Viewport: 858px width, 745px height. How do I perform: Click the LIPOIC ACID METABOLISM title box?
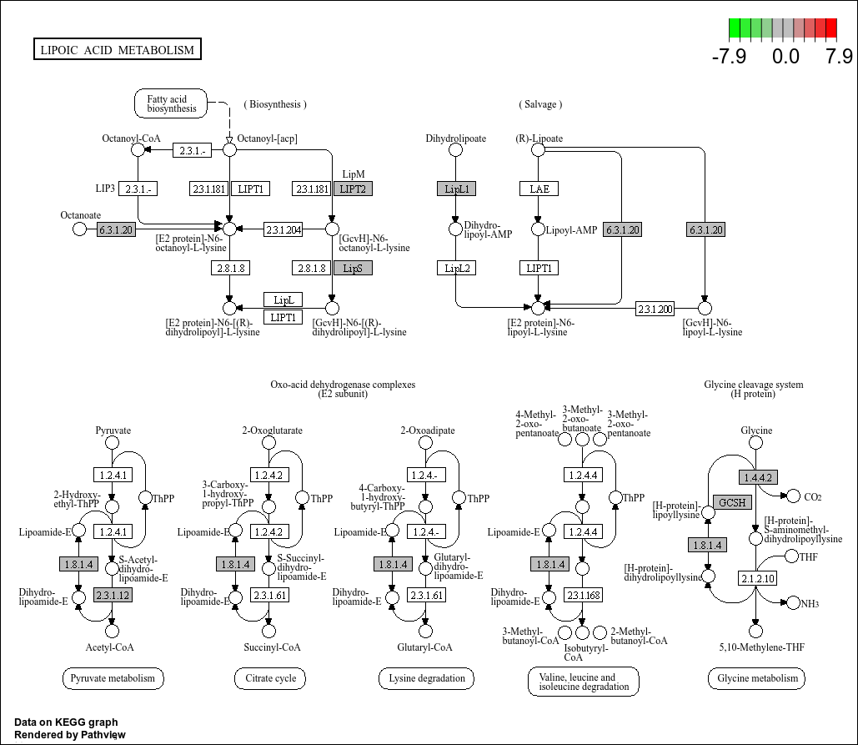point(117,50)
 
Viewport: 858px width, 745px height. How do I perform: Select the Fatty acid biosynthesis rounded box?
point(171,103)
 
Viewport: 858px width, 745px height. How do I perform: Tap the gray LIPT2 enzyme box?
point(353,189)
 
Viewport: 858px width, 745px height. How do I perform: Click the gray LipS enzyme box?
point(353,268)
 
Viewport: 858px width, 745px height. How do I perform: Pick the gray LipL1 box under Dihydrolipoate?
point(456,189)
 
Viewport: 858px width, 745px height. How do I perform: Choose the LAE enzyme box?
point(539,189)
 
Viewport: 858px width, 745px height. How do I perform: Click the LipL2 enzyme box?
point(456,268)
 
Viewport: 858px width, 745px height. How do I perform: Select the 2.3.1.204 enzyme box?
point(283,229)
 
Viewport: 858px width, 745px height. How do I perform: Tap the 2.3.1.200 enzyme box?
point(655,309)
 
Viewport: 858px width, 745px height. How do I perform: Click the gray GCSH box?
point(733,502)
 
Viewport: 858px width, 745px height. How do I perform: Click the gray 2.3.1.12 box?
point(113,595)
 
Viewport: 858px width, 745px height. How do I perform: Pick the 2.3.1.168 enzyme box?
point(583,595)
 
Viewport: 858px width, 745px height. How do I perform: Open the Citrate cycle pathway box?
point(271,678)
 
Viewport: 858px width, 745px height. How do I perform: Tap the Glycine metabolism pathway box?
point(757,678)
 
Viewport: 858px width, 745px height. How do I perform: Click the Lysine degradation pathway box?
point(427,678)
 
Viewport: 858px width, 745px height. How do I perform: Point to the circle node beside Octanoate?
point(79,229)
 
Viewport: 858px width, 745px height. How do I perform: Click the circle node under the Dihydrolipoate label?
point(455,149)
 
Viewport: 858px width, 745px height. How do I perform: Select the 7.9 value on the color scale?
point(838,57)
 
